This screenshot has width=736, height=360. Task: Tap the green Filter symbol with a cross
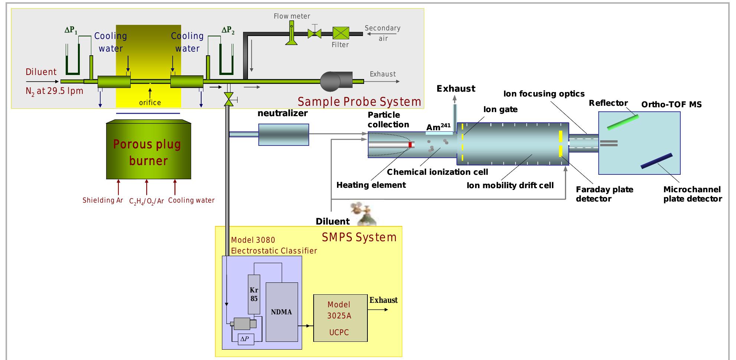(x=340, y=33)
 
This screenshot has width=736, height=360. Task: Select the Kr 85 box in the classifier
(x=254, y=294)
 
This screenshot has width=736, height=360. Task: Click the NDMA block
(x=282, y=312)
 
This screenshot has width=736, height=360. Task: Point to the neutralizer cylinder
(x=284, y=134)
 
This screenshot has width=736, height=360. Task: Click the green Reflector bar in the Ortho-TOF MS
(x=623, y=122)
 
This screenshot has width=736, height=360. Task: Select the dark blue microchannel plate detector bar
(x=656, y=161)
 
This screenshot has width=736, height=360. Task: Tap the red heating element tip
(x=410, y=144)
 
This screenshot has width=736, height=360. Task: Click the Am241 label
(x=438, y=127)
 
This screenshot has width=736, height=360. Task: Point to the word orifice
(x=150, y=102)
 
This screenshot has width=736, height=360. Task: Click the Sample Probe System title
(x=359, y=102)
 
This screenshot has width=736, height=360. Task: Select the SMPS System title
(x=359, y=237)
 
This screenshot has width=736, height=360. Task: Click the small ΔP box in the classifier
(x=244, y=339)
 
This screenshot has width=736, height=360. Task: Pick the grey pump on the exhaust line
(x=336, y=80)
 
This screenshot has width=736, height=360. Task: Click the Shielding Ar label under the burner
(x=103, y=200)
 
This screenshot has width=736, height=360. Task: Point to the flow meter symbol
(x=291, y=33)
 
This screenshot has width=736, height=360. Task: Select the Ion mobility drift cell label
(x=510, y=185)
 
